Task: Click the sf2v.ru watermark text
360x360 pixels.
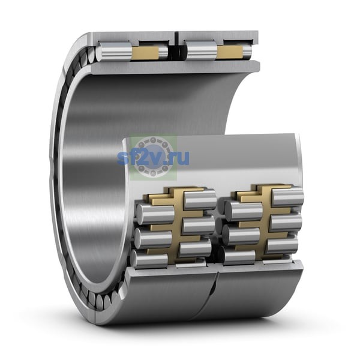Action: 153,157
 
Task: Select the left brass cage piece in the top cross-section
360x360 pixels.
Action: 145,52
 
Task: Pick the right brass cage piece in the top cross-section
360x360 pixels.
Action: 230,52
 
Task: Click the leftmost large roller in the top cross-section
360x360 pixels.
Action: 114,52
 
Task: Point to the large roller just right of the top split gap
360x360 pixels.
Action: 202,51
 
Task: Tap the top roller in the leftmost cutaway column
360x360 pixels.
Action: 155,214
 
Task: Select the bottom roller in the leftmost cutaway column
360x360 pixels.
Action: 149,258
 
